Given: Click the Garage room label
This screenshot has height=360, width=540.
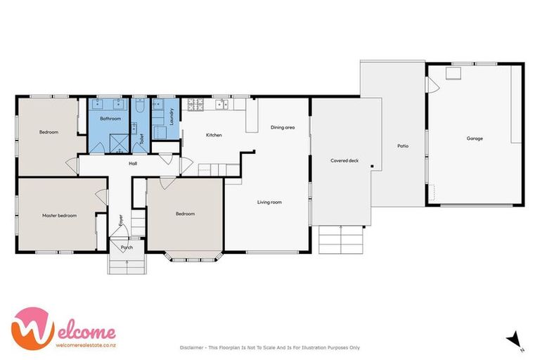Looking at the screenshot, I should point(475,139).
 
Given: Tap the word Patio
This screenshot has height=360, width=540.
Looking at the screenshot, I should point(403,146).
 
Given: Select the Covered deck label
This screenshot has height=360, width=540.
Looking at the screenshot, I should point(345,161).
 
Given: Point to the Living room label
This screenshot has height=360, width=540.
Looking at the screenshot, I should point(269,202).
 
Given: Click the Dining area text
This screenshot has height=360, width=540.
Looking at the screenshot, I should point(283,127).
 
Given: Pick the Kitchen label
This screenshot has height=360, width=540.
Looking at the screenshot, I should point(214,135).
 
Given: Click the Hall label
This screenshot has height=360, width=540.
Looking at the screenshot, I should point(133,164).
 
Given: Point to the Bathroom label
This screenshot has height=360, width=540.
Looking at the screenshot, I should point(110,119).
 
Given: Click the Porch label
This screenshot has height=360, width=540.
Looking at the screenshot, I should point(127,247).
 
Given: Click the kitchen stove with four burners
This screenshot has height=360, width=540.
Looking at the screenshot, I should point(193,105).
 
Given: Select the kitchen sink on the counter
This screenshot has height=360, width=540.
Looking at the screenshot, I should point(224,105).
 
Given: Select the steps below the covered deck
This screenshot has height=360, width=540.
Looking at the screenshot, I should point(341,239).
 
